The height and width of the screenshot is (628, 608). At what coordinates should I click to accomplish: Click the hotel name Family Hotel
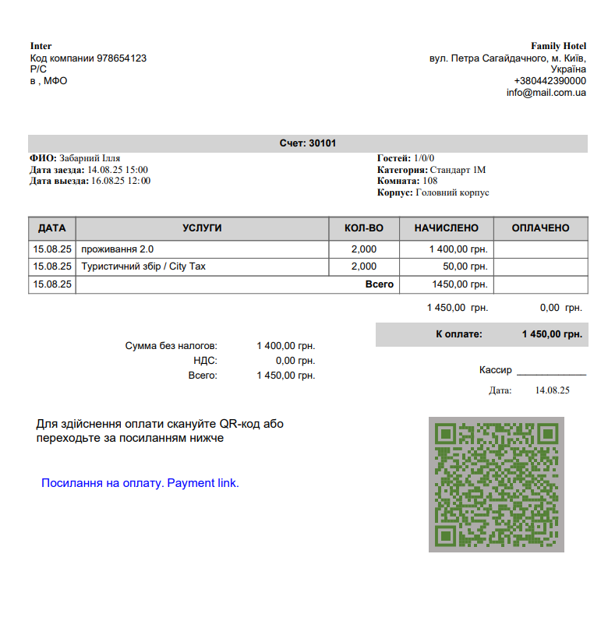click(x=558, y=46)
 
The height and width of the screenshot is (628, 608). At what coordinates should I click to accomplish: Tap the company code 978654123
click(x=122, y=58)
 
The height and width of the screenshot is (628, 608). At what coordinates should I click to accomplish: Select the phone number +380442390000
click(x=550, y=81)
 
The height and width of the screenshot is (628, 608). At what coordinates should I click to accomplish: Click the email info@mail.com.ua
click(x=546, y=93)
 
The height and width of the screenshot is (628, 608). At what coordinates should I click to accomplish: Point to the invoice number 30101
click(x=322, y=143)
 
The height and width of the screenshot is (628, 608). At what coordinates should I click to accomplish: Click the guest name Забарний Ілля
click(x=90, y=158)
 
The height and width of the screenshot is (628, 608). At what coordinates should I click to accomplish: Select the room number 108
click(x=430, y=181)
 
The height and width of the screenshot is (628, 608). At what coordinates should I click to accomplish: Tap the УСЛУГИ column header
click(x=202, y=228)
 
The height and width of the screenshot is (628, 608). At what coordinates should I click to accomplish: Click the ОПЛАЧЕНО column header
click(x=540, y=228)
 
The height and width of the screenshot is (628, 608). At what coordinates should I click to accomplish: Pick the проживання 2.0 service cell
click(x=118, y=249)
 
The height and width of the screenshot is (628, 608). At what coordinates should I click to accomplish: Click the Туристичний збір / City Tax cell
click(x=143, y=266)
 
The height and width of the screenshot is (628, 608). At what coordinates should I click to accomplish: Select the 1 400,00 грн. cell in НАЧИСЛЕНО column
click(x=458, y=249)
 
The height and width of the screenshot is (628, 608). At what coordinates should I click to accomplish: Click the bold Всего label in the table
click(x=380, y=284)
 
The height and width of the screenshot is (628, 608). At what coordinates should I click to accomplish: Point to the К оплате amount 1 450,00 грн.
click(x=552, y=334)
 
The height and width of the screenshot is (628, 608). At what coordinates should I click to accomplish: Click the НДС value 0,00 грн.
click(x=295, y=361)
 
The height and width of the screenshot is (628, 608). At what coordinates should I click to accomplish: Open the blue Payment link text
click(x=140, y=483)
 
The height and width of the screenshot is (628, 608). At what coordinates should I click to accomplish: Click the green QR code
click(x=495, y=485)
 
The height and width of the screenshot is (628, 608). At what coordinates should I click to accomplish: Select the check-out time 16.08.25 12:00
click(x=121, y=181)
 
